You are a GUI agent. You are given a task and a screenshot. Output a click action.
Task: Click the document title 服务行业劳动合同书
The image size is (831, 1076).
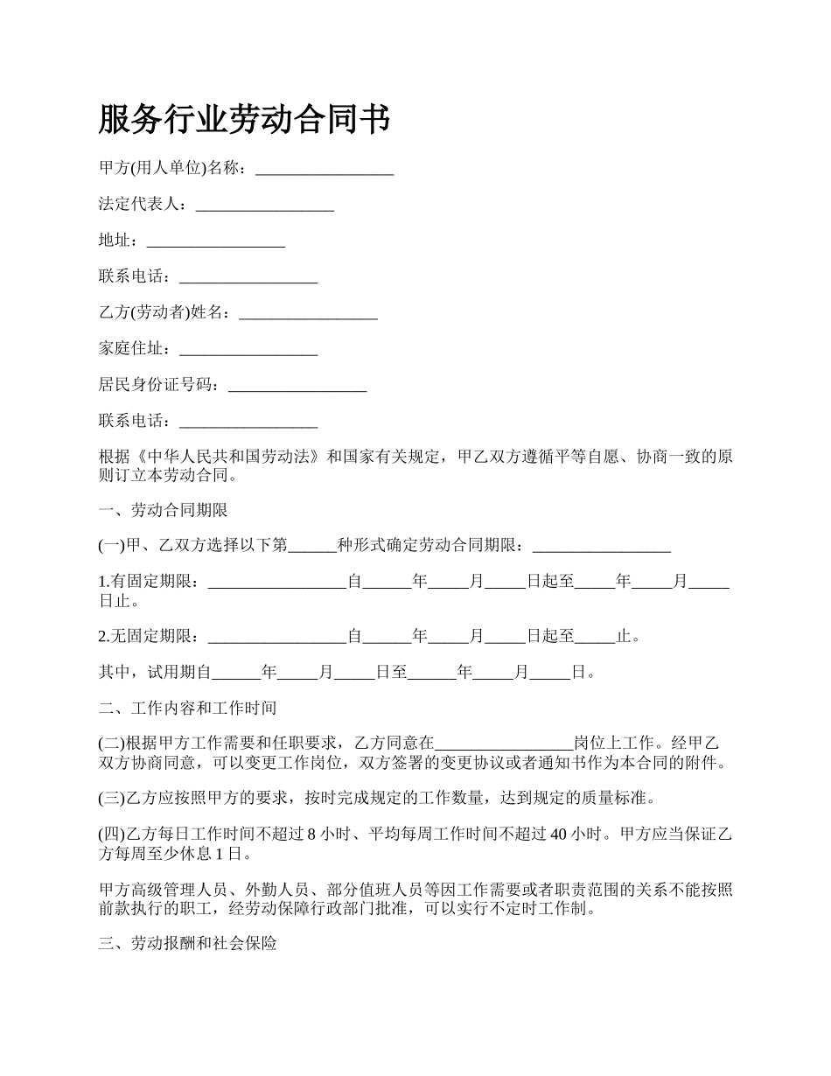[244, 120]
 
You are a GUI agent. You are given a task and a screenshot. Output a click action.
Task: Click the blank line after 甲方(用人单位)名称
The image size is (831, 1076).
[324, 169]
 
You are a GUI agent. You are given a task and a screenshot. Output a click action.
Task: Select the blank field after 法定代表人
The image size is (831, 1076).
[264, 206]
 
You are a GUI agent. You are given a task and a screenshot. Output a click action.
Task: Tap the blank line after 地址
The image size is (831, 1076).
[215, 241]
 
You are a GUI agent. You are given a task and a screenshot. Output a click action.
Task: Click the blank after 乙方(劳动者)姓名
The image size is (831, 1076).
[308, 313]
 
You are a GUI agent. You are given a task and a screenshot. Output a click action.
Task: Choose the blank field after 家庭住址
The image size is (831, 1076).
[248, 350]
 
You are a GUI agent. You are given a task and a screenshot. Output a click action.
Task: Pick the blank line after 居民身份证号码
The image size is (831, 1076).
[297, 386]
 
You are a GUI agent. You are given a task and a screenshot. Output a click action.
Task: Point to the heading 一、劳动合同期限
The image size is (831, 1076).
[164, 510]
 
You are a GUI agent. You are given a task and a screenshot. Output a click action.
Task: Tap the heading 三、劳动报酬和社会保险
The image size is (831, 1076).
[188, 945]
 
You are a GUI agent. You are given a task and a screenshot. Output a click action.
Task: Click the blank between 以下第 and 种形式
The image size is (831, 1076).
[312, 546]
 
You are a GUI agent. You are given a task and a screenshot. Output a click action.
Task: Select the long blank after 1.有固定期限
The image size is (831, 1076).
[277, 582]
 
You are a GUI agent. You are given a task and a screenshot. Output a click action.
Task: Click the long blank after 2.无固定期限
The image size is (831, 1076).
[277, 637]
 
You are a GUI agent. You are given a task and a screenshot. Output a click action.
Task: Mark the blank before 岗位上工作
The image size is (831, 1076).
[504, 744]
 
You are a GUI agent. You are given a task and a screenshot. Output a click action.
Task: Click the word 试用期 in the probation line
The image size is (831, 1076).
[172, 673]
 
